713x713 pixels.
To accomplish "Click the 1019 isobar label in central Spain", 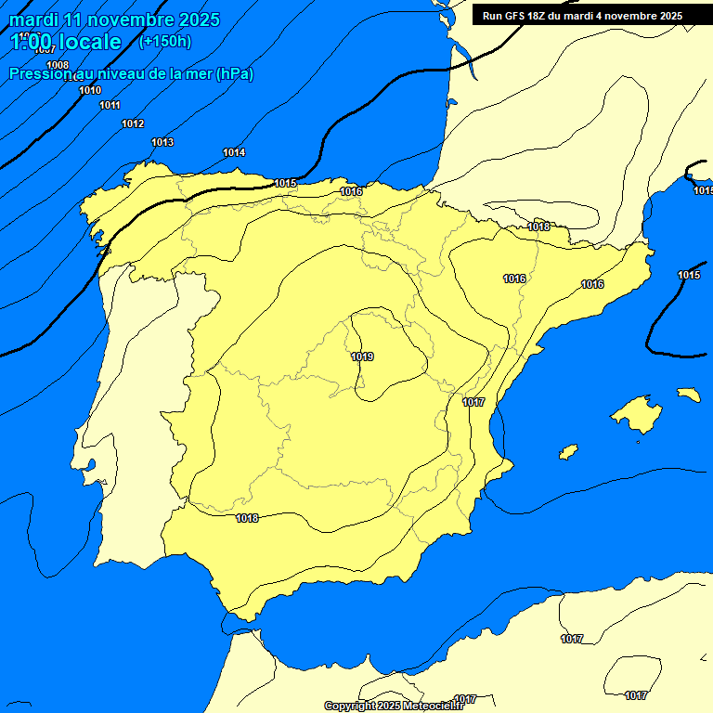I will click(362, 356).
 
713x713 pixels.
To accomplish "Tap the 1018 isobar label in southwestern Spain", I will click(247, 518).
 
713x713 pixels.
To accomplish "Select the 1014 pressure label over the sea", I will click(234, 152).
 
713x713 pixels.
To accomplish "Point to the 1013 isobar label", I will click(162, 142).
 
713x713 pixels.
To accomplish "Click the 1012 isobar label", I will click(133, 123).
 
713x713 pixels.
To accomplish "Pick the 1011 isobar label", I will click(110, 105).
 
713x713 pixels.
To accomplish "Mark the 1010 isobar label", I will click(90, 90).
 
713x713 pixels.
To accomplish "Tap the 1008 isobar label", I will click(58, 65).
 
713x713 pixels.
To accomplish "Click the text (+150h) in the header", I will click(164, 41).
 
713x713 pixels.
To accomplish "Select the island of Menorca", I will click(688, 395).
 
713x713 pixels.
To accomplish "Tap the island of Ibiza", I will click(567, 452).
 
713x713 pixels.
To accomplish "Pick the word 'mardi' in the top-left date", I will click(32, 19).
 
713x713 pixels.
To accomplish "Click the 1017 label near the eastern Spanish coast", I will click(473, 402).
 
